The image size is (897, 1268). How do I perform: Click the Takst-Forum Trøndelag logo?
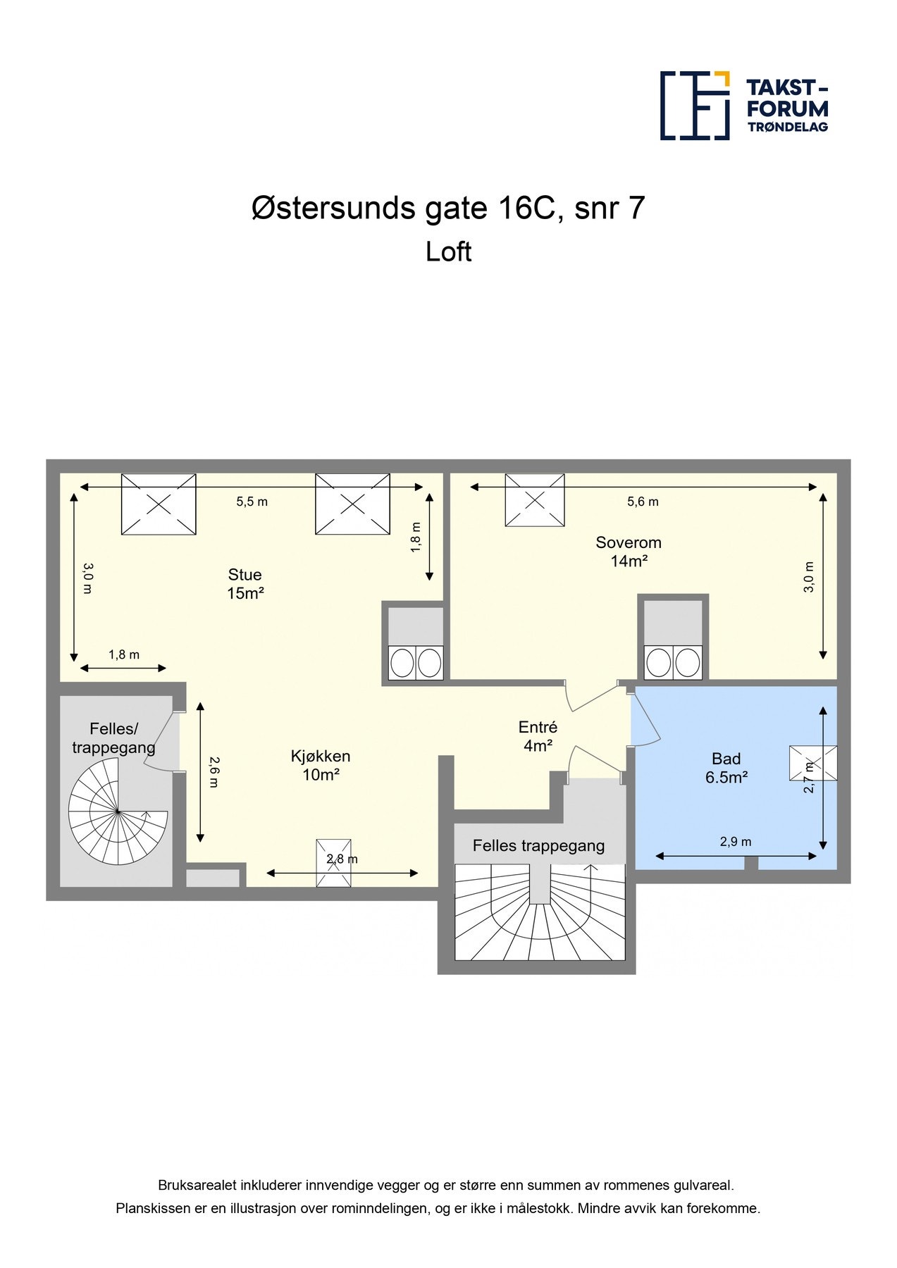pyautogui.click(x=743, y=106)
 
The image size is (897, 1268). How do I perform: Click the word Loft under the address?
pyautogui.click(x=448, y=252)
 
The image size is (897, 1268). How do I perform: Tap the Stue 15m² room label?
pyautogui.click(x=245, y=584)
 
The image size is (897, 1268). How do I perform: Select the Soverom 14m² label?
pyautogui.click(x=629, y=552)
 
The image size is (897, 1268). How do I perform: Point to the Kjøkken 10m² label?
pyautogui.click(x=321, y=766)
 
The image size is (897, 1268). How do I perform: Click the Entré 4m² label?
pyautogui.click(x=538, y=736)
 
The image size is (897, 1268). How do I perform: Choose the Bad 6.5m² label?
pyautogui.click(x=726, y=768)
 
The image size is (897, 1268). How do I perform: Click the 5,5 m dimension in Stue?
pyautogui.click(x=252, y=502)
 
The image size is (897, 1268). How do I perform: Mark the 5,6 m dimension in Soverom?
pyautogui.click(x=643, y=502)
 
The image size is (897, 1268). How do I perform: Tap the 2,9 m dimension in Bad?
pyautogui.click(x=735, y=842)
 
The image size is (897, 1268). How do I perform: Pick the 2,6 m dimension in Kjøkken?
pyautogui.click(x=214, y=771)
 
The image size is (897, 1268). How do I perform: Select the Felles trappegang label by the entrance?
pyautogui.click(x=538, y=846)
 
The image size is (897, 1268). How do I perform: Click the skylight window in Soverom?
pyautogui.click(x=535, y=500)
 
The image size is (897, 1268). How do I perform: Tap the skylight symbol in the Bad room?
pyautogui.click(x=812, y=763)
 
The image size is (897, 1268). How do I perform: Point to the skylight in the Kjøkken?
pyautogui.click(x=333, y=862)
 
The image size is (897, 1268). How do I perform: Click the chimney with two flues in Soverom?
pyautogui.click(x=673, y=638)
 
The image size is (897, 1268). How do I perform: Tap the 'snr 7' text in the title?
pyautogui.click(x=610, y=209)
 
